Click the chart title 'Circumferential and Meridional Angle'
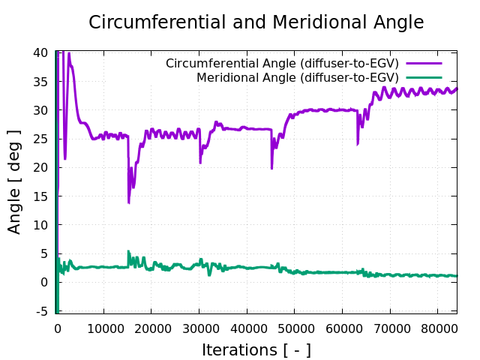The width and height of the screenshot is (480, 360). click(x=256, y=22)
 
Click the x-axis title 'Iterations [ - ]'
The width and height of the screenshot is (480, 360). click(x=256, y=349)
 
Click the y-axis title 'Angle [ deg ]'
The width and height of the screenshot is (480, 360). click(x=15, y=181)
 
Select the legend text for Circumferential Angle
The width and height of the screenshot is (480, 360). click(x=282, y=63)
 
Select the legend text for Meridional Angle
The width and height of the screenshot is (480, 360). click(x=297, y=77)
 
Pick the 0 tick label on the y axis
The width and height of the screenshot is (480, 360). click(x=44, y=282)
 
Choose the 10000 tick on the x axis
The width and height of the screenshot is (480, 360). click(x=103, y=328)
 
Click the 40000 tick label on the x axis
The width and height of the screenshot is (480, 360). click(x=247, y=328)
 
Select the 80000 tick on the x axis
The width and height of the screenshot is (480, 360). click(x=438, y=328)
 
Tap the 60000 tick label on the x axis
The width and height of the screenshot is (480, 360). click(x=343, y=328)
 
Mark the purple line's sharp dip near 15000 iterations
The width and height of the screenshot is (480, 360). click(x=129, y=202)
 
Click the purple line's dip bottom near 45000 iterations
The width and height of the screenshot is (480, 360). click(x=272, y=168)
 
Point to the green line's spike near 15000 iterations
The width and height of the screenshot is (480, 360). click(x=128, y=252)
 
